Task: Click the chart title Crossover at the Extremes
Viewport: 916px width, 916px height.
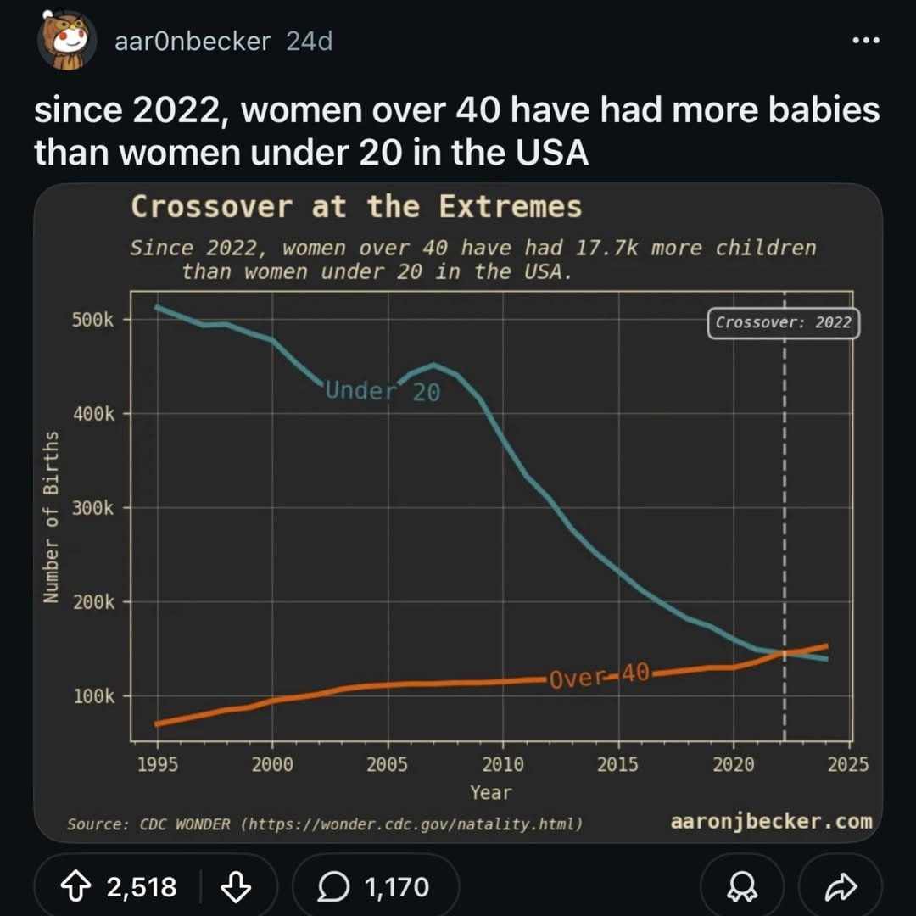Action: [356, 207]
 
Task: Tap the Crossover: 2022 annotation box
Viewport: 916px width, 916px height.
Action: [782, 323]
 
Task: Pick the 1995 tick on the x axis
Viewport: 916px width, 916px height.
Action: [158, 765]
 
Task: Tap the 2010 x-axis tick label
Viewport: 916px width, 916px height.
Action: [503, 765]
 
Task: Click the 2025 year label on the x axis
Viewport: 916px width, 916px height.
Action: [847, 765]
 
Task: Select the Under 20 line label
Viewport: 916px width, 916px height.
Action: [383, 391]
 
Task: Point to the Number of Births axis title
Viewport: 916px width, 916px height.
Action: [52, 517]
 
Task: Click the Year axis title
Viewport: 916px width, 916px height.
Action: [491, 793]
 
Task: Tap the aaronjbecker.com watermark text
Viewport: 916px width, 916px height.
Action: [770, 821]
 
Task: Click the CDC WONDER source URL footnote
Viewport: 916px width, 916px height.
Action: [325, 824]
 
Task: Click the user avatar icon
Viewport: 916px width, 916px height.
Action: [66, 41]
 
